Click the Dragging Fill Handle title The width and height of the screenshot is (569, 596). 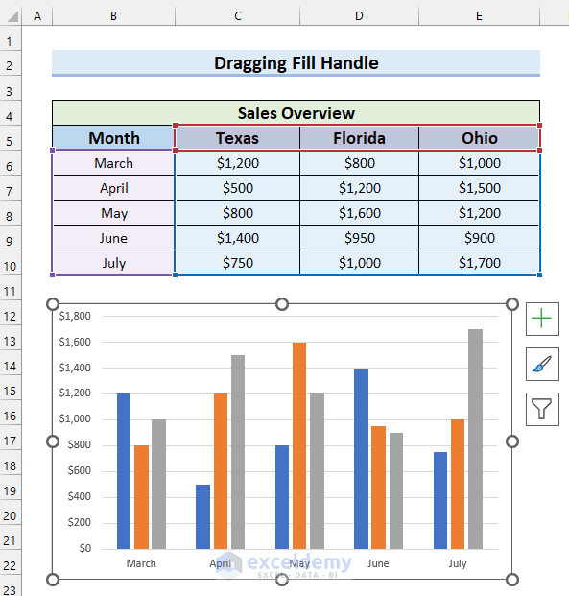point(296,63)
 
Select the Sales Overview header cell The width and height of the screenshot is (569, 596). point(296,112)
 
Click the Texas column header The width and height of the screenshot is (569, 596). point(237,138)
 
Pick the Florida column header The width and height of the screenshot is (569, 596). point(359,138)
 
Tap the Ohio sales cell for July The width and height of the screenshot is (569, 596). point(479,263)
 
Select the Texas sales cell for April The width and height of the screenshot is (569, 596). point(237,188)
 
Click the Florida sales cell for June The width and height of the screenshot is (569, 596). point(359,238)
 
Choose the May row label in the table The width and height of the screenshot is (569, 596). point(113,213)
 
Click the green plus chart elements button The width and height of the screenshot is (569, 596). point(542,319)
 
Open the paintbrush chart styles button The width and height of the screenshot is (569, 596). point(542,365)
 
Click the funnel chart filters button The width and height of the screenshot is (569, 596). point(542,411)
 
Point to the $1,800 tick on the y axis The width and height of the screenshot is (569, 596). point(75,316)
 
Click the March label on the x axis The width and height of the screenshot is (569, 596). point(141,563)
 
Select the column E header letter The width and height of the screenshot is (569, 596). point(479,16)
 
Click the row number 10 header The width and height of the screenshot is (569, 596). point(11,263)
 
